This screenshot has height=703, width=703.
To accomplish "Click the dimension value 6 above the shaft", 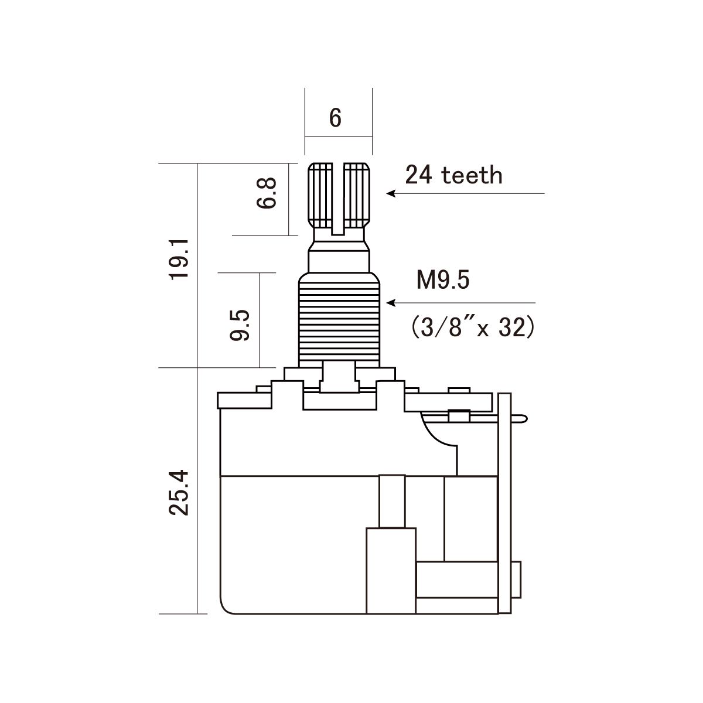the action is click(x=335, y=118).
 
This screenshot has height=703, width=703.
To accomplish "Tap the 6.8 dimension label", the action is click(x=267, y=193).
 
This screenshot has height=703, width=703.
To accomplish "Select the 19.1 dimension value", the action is click(x=179, y=260).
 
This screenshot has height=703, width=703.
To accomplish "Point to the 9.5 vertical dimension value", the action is click(x=240, y=325).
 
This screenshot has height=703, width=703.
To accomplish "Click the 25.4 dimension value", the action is click(x=179, y=493).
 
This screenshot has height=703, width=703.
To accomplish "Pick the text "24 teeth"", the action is click(x=453, y=175).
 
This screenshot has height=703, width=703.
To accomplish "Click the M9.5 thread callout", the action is click(x=443, y=280).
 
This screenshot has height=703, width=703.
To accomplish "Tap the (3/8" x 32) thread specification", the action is click(x=473, y=327).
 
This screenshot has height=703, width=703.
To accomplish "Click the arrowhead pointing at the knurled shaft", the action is click(x=391, y=193).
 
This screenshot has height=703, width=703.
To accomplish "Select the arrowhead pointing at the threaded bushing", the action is click(x=391, y=303).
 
